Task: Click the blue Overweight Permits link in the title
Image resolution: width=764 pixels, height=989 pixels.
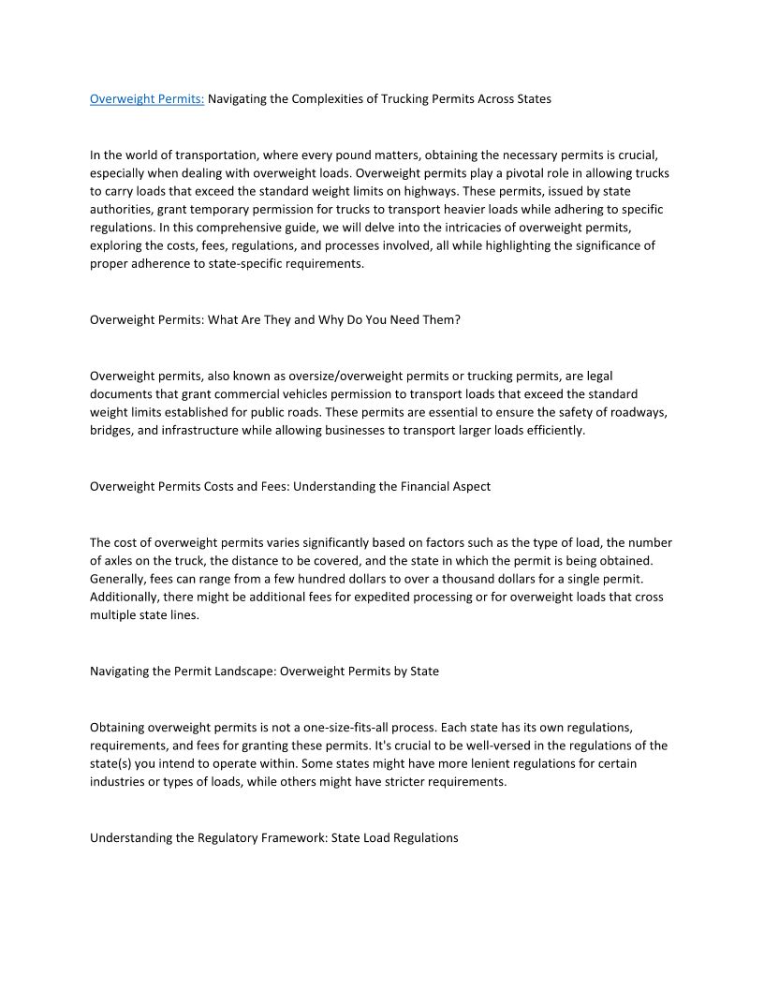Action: click(147, 98)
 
